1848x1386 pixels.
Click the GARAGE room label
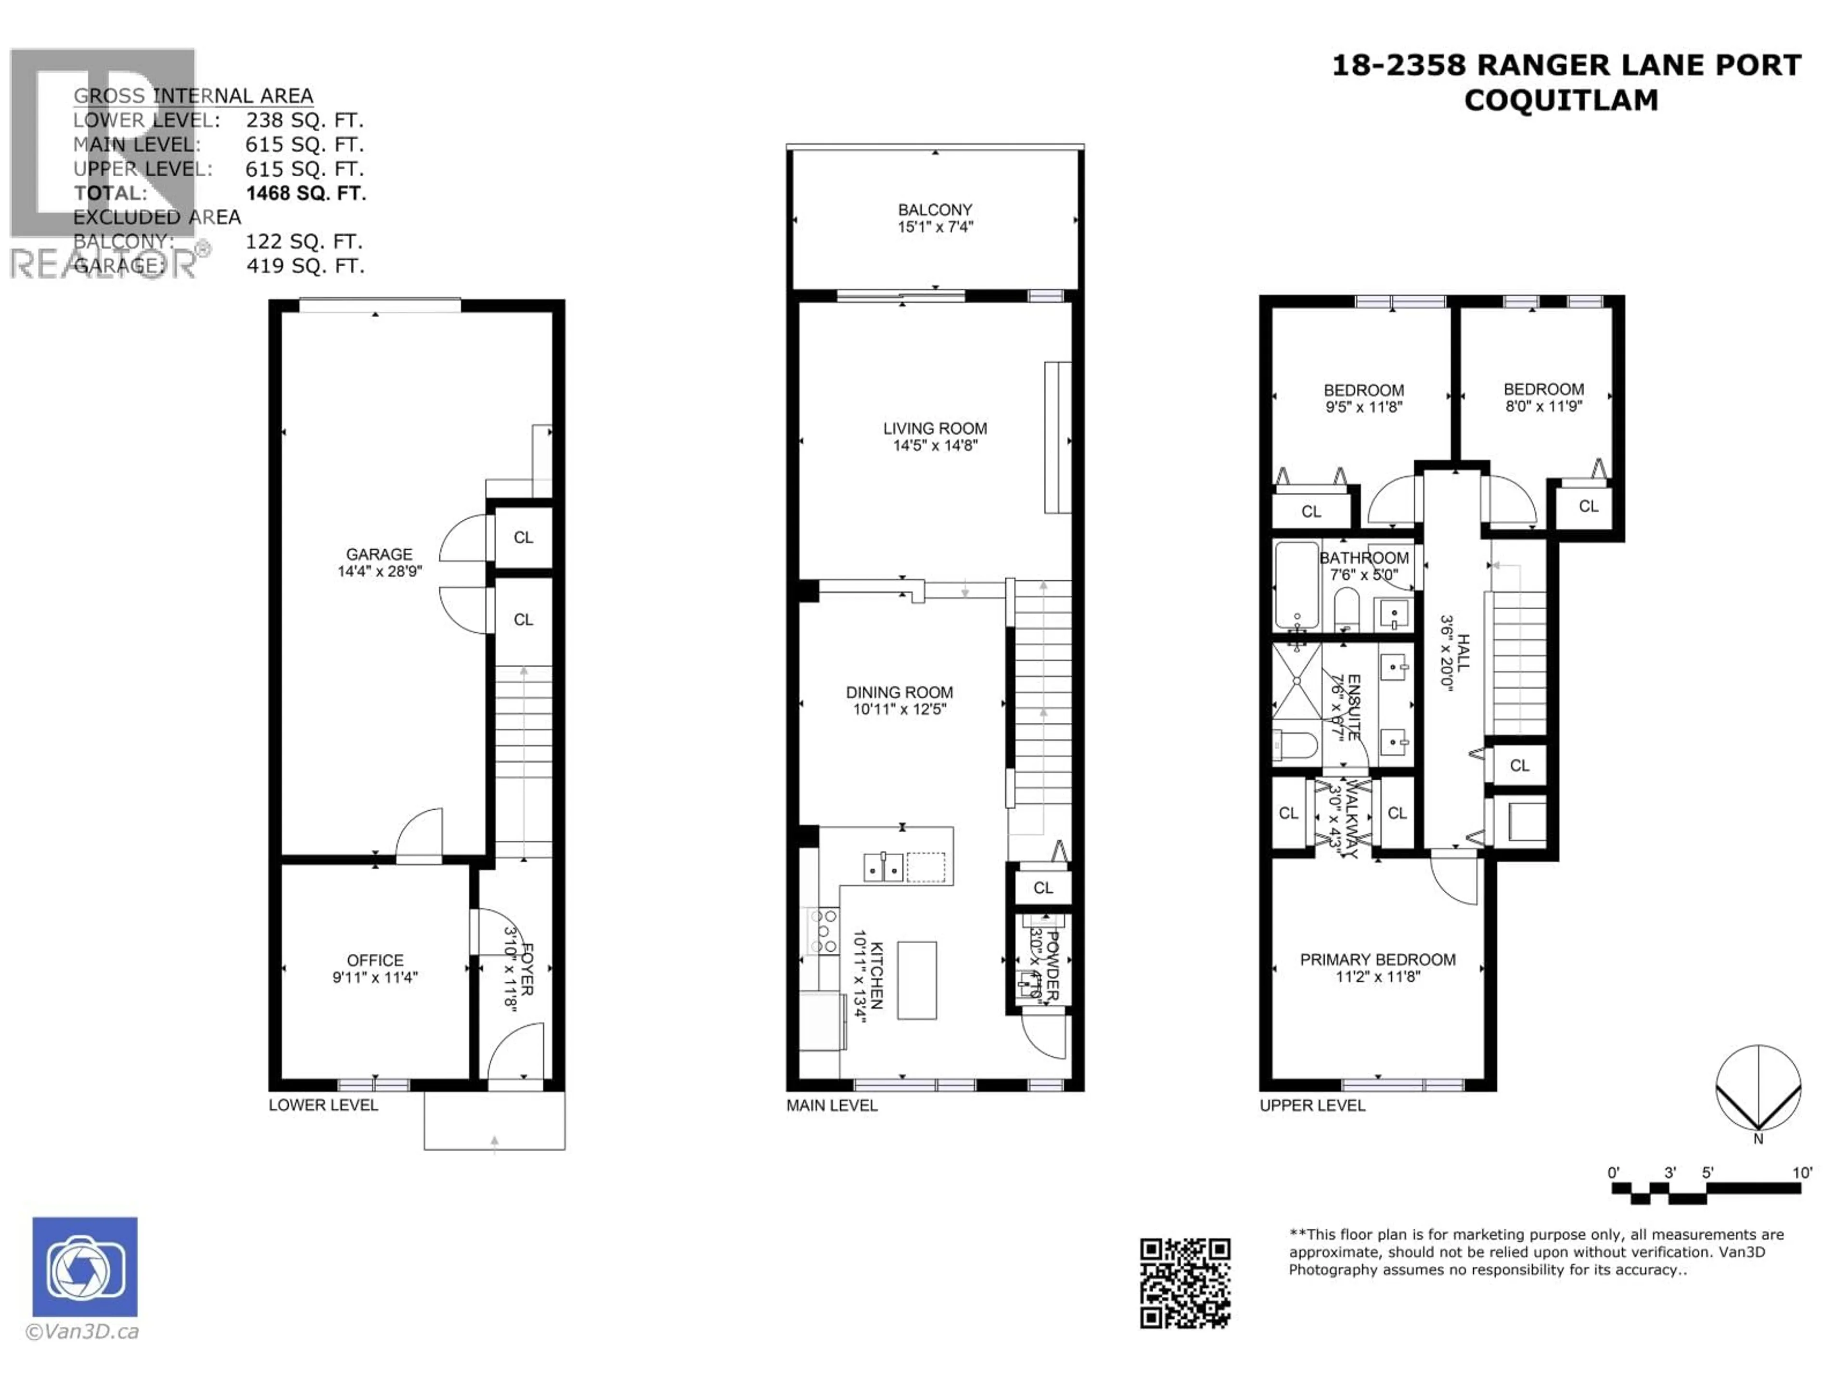pyautogui.click(x=379, y=554)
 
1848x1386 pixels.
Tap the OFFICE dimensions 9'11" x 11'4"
pyautogui.click(x=374, y=976)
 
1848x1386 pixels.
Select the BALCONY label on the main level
pyautogui.click(x=935, y=210)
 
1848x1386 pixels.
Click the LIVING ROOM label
pyautogui.click(x=935, y=429)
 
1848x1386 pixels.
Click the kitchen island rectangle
pyautogui.click(x=916, y=980)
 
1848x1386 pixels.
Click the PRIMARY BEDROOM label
pyautogui.click(x=1378, y=960)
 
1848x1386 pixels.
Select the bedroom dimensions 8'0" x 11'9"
pyautogui.click(x=1543, y=406)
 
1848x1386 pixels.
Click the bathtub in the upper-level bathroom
pyautogui.click(x=1296, y=585)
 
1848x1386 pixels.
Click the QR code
pyautogui.click(x=1185, y=1283)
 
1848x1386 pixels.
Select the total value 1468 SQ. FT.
pyautogui.click(x=306, y=193)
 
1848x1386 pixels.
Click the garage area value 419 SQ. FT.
pyautogui.click(x=305, y=266)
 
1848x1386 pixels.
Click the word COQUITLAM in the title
pyautogui.click(x=1561, y=100)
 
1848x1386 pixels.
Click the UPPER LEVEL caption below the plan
pyautogui.click(x=1311, y=1105)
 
